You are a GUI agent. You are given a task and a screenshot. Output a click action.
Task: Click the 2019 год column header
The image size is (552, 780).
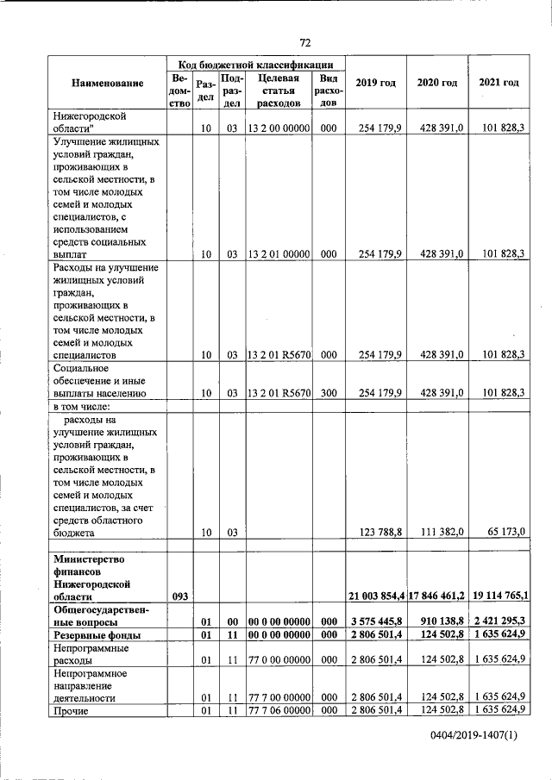375,83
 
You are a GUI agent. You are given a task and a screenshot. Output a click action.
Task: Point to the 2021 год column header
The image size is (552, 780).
499,83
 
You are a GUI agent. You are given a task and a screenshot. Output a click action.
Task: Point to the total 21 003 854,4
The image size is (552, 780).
377,596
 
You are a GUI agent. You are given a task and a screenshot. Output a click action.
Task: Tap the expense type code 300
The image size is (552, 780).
328,393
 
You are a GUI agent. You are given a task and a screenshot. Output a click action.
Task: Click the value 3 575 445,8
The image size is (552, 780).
377,620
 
